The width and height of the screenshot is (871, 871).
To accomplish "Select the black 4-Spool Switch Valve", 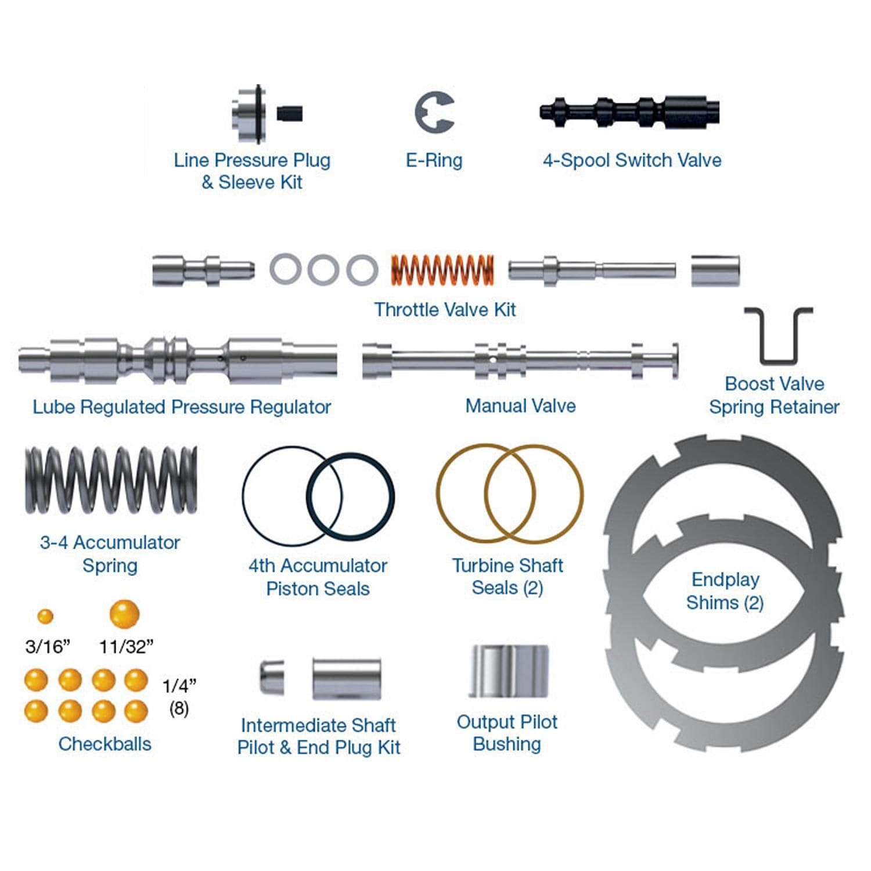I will pyautogui.click(x=630, y=111).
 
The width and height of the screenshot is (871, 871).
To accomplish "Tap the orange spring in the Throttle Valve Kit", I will pyautogui.click(x=442, y=270).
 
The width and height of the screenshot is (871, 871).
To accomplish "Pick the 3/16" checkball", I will pyautogui.click(x=45, y=616).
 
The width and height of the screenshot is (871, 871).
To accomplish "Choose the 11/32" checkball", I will pyautogui.click(x=125, y=614).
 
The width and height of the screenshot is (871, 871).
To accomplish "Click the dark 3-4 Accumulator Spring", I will pyautogui.click(x=111, y=480).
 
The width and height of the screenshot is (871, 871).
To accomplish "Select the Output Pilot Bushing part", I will pyautogui.click(x=509, y=671).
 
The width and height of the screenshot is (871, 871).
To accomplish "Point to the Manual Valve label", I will pyautogui.click(x=520, y=405).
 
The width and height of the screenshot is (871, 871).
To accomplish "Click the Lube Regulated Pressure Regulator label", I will pyautogui.click(x=182, y=407).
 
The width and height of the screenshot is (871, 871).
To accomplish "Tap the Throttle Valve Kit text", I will pyautogui.click(x=445, y=309).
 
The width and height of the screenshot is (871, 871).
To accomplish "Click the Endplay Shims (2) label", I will pyautogui.click(x=725, y=591).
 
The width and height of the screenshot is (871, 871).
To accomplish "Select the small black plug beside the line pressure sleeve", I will pyautogui.click(x=290, y=113).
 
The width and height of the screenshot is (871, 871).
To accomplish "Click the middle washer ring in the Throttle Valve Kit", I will pyautogui.click(x=323, y=270).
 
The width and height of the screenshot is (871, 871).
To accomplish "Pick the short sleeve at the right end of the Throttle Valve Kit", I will pyautogui.click(x=715, y=271).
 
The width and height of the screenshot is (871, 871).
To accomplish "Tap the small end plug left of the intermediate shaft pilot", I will pyautogui.click(x=271, y=677).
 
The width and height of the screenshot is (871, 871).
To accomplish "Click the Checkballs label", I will pyautogui.click(x=105, y=744).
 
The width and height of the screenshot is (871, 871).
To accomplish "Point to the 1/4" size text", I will pyautogui.click(x=179, y=686).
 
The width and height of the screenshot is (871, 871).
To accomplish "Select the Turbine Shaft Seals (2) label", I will pyautogui.click(x=508, y=576).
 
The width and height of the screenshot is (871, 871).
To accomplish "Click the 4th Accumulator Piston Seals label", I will pyautogui.click(x=318, y=577).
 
